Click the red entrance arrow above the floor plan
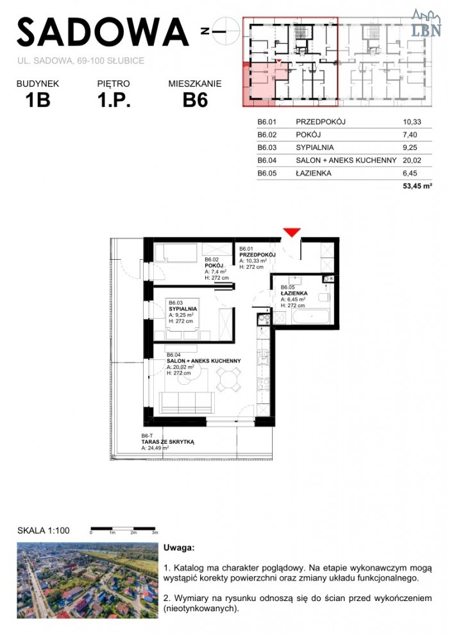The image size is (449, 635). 291,232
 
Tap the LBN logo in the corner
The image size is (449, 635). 426,24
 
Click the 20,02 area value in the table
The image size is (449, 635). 412,160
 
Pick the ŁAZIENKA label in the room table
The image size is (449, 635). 314,173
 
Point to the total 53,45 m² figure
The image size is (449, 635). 417,186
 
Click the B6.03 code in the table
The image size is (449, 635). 267,148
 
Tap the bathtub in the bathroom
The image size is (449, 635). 310,316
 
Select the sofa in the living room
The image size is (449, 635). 187,403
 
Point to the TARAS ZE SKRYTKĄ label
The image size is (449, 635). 167,442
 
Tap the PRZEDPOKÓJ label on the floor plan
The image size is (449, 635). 257,255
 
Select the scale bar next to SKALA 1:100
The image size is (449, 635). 124,529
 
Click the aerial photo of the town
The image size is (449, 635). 87,580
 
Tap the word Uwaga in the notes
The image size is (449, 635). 179,548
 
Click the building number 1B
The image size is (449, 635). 38,100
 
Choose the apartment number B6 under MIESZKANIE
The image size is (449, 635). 195,100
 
